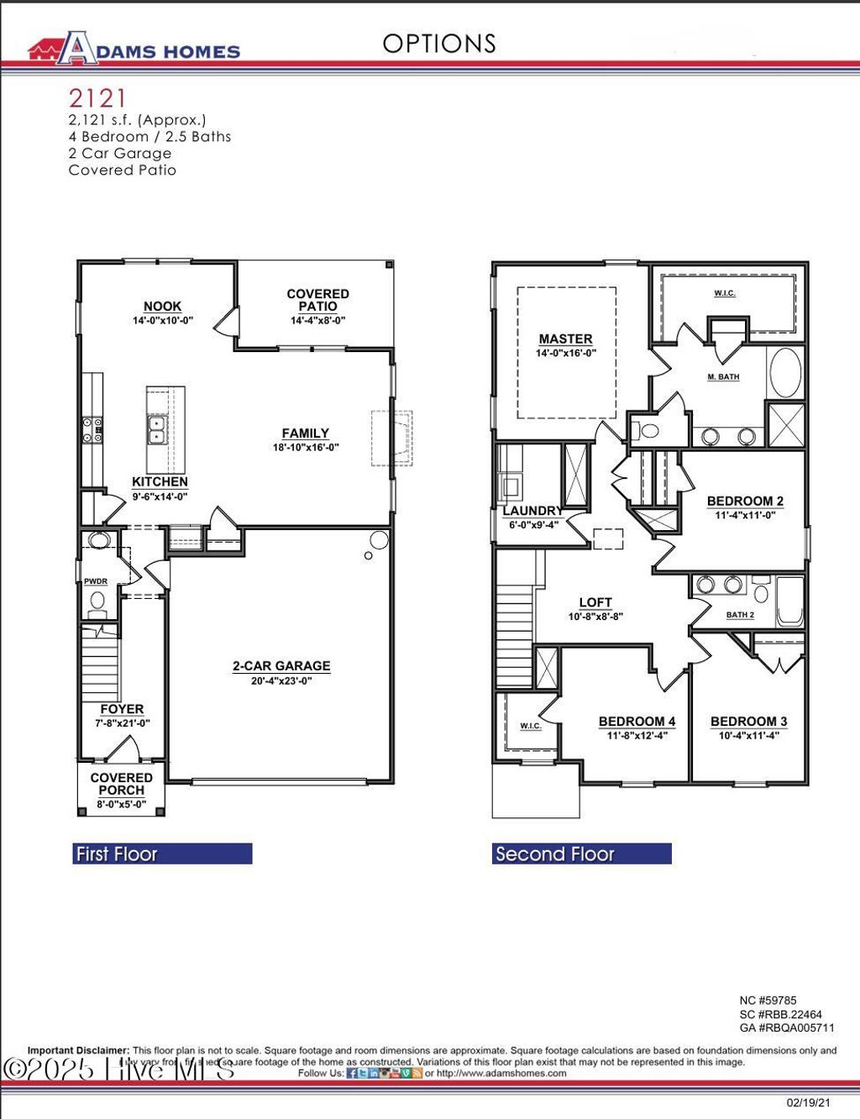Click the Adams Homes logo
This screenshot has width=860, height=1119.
coord(134,49)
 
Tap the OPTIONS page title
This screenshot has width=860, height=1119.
coord(439,44)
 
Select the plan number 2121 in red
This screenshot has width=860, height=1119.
coord(97,99)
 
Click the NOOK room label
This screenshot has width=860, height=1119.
coord(162,307)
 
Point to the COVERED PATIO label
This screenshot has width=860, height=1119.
coord(317,300)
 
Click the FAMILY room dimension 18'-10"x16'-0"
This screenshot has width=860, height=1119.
coord(306,448)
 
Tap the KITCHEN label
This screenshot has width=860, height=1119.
coord(160,481)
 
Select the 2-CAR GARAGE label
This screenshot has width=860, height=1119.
coord(281,666)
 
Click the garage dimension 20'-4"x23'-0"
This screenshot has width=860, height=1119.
coord(281,680)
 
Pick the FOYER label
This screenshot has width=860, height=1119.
coord(122,709)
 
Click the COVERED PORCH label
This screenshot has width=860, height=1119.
coord(122,784)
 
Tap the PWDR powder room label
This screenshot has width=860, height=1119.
coord(96,581)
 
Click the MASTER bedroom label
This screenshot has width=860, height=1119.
coord(566,339)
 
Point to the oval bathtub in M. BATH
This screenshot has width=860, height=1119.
coord(785,372)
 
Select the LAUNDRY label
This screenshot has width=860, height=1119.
coord(532,511)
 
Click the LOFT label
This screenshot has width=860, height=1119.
coord(595,602)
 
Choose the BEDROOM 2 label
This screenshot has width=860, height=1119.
coord(745,501)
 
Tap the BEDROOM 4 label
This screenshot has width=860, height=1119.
coord(637,722)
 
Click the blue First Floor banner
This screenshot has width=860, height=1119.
coord(162,854)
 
